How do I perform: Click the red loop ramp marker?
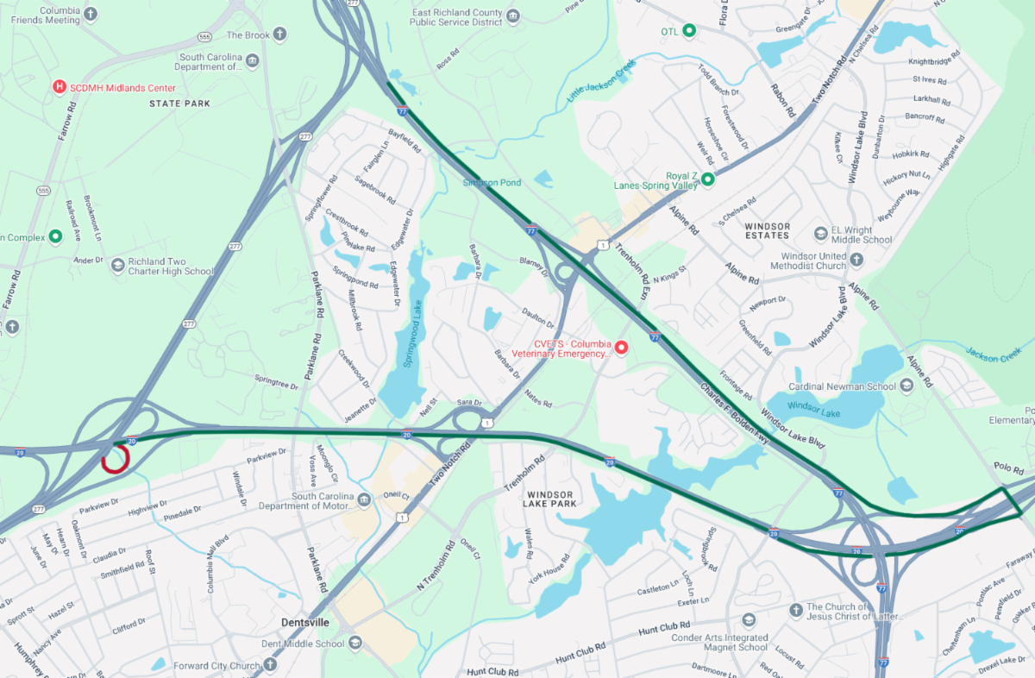tap(115, 460)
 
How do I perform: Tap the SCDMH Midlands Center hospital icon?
tap(59, 87)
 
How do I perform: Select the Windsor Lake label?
tap(813, 405)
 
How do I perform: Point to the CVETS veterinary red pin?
tap(620, 346)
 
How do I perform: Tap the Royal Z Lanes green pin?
tap(707, 179)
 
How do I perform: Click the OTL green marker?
tap(689, 31)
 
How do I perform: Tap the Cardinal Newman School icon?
tap(906, 386)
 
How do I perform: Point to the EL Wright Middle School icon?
tap(821, 234)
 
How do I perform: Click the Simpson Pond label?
tap(492, 183)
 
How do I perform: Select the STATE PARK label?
tap(179, 104)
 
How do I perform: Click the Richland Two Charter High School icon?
tap(117, 265)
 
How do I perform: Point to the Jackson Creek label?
tap(993, 353)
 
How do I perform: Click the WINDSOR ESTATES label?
tap(766, 229)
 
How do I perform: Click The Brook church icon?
tap(279, 35)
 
